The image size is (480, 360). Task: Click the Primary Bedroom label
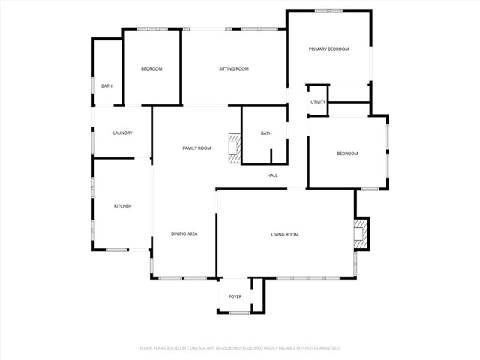coord(329,49)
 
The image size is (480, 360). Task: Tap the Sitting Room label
coord(233,69)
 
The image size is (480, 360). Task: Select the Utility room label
coord(318,101)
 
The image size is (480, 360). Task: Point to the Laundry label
coord(122,133)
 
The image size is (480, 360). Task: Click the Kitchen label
coord(122,206)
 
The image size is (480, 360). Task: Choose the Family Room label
coord(196,148)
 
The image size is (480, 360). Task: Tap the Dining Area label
coord(184,234)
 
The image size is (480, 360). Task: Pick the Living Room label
coord(285,235)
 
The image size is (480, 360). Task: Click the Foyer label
coord(235,297)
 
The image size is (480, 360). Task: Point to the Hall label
coord(273,176)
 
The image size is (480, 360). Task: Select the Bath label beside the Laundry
coord(106,86)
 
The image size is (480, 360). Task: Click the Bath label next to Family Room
coord(266,134)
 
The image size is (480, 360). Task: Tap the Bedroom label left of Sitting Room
coord(151,69)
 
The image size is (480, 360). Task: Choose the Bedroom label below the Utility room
coord(347,154)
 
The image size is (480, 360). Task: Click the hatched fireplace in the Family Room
coord(235,148)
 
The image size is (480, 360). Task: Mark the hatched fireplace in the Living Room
coord(361,233)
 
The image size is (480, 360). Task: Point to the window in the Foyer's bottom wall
coord(239,313)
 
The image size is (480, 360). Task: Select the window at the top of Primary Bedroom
coord(328,10)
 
